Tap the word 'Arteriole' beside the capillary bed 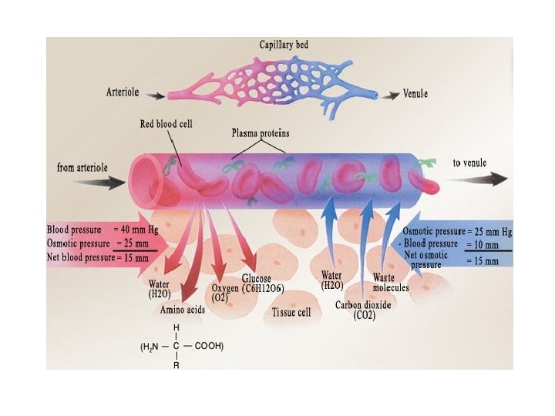tap(124, 92)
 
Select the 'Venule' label tap(415, 94)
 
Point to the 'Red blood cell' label tap(167, 123)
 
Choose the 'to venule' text tap(473, 163)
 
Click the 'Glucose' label tap(256, 278)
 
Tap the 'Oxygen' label tap(226, 288)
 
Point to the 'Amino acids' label tap(182, 310)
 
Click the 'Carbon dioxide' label tap(364, 305)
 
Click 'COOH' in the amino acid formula tap(209, 347)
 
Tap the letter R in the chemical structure tap(177, 365)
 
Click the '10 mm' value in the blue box tap(483, 245)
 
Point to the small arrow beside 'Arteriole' tap(155, 96)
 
